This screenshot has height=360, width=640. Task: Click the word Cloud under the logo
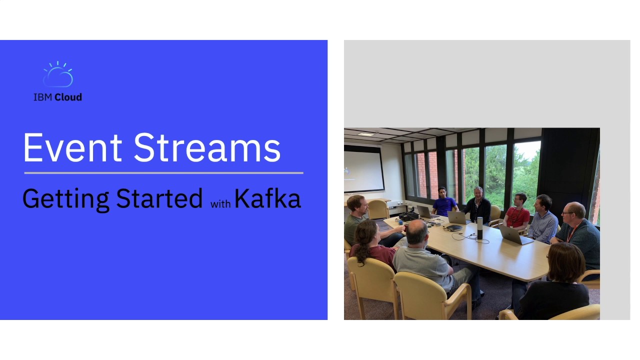point(68,97)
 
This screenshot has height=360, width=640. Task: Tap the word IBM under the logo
point(43,97)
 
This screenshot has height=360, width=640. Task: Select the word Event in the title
point(72,148)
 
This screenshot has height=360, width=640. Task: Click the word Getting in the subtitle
point(65,199)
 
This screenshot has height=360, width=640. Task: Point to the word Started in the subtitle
point(159,198)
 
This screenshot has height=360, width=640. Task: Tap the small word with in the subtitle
point(220,204)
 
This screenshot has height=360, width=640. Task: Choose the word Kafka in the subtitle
point(267,198)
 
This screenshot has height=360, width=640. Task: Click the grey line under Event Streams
point(163,173)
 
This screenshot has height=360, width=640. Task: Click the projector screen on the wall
point(363,170)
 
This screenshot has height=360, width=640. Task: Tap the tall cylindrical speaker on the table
point(480,227)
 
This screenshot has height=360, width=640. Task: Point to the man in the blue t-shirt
point(443,202)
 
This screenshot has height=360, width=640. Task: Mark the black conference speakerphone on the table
point(454,227)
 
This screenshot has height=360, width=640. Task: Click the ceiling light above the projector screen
point(366,134)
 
